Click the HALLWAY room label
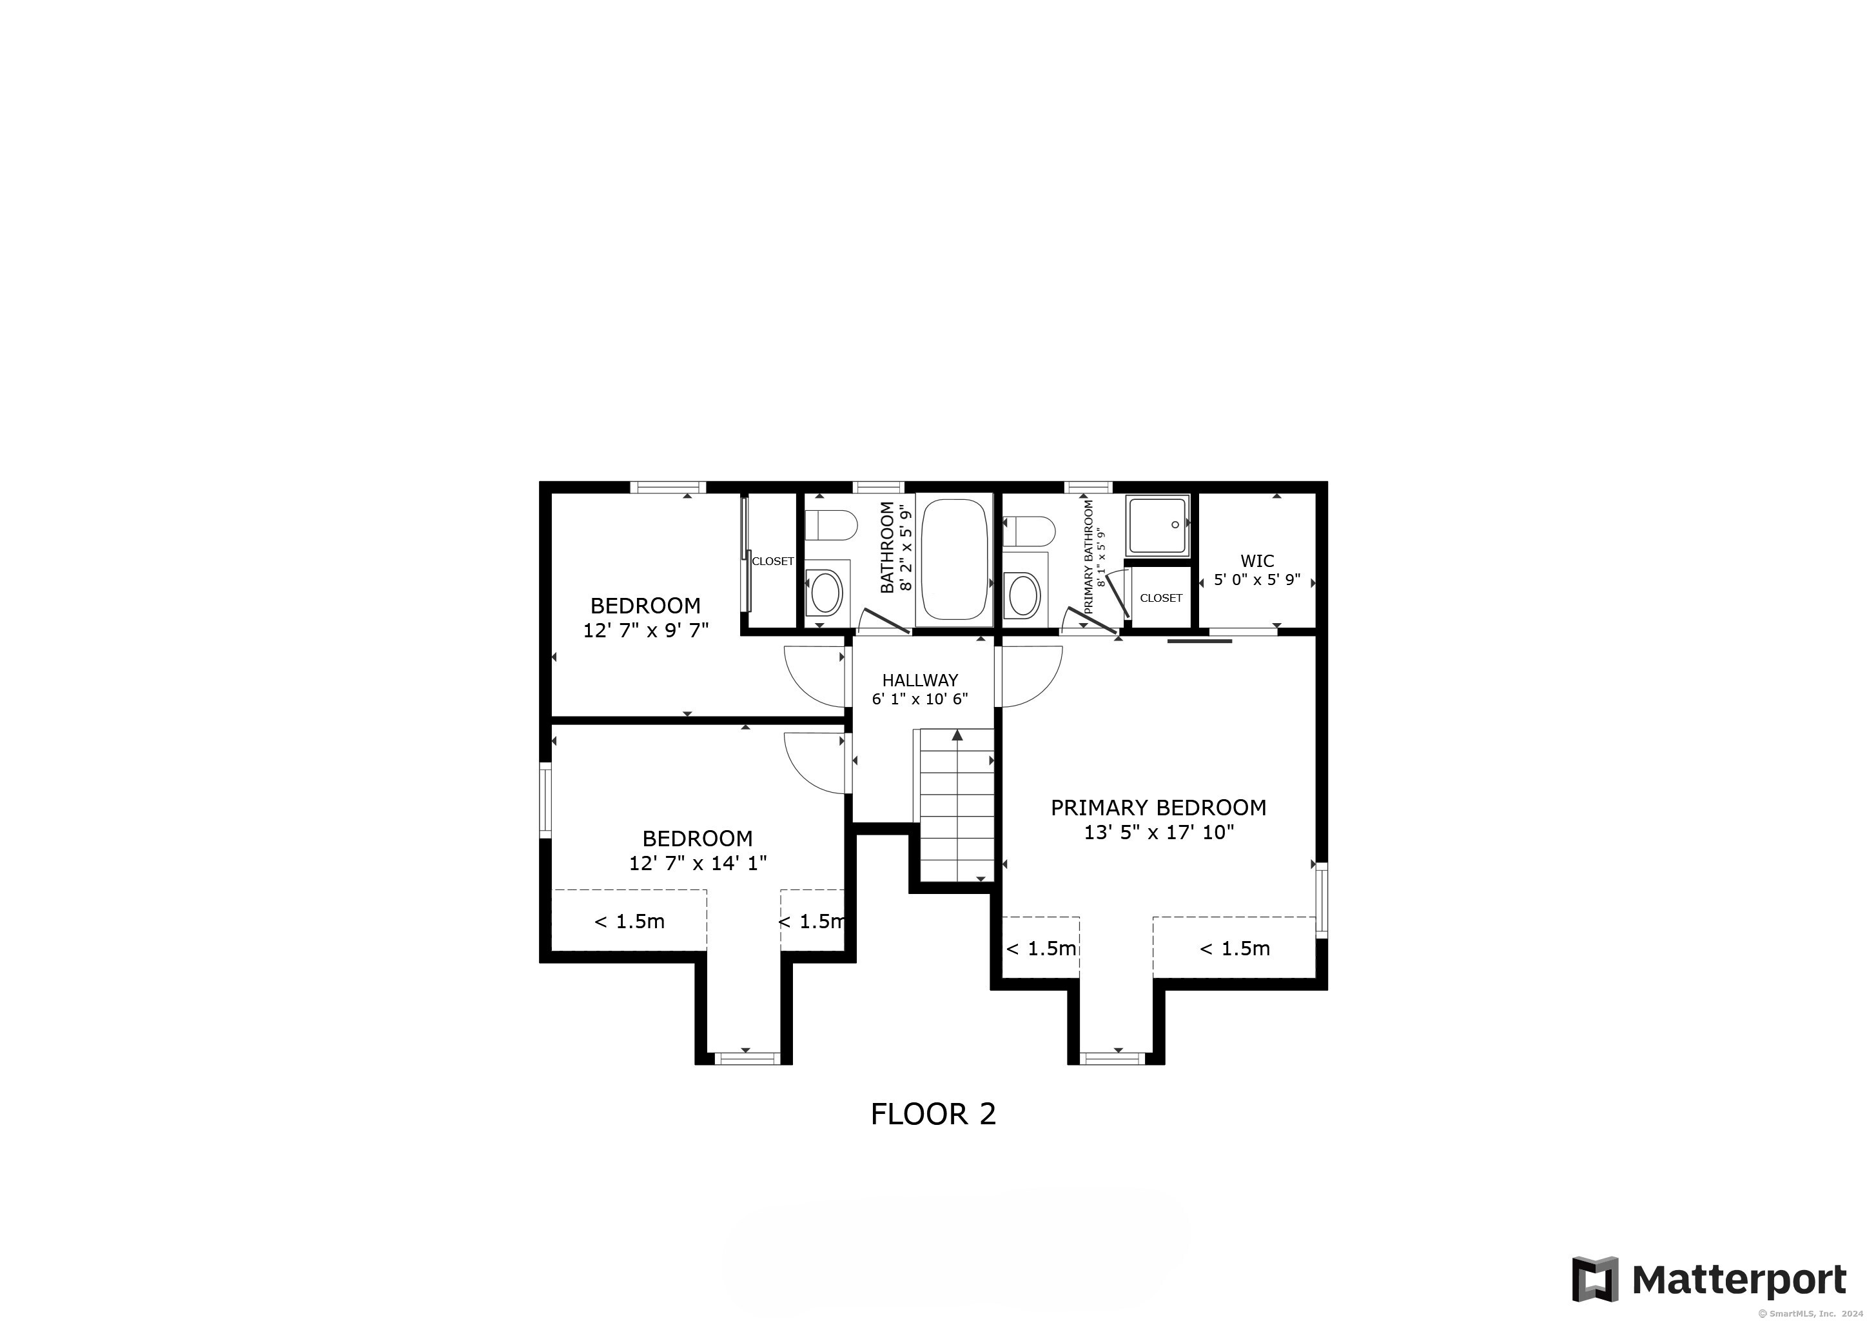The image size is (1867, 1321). (920, 680)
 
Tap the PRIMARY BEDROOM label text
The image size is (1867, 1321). (1158, 808)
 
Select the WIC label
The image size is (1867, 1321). (1257, 561)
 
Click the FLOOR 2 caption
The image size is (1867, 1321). (933, 1113)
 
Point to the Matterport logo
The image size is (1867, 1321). (1709, 1278)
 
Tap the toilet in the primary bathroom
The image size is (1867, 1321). (1029, 531)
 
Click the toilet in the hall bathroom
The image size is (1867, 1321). (831, 524)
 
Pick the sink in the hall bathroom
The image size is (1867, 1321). (826, 591)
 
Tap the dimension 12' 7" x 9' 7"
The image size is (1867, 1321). (645, 630)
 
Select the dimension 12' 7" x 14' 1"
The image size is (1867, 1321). (698, 863)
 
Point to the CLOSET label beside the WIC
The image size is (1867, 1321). (1160, 598)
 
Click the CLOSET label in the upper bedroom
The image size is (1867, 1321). (772, 561)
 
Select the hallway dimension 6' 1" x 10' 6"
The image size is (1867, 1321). (920, 699)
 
